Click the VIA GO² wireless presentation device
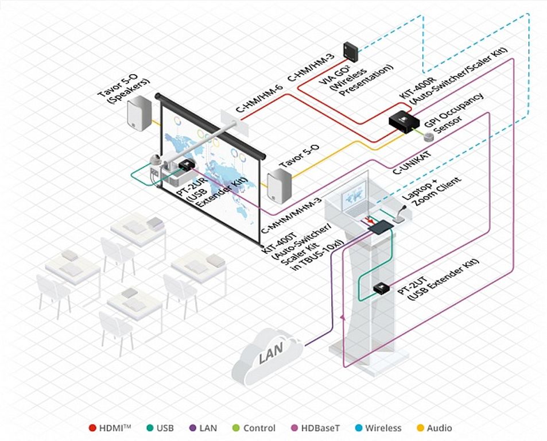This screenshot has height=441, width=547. pos(351,50)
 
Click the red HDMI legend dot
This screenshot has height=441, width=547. pos(92,428)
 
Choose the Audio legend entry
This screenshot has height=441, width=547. pos(435,428)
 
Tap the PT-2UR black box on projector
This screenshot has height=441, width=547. pos(187,165)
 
